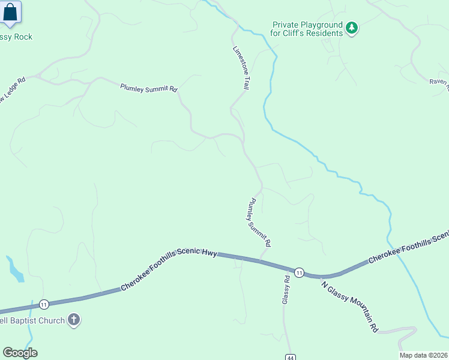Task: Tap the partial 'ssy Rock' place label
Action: click(x=16, y=37)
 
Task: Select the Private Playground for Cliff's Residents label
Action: click(x=307, y=29)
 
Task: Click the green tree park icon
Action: click(x=352, y=28)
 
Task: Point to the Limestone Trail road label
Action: click(x=241, y=68)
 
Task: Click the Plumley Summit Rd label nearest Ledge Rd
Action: click(x=149, y=88)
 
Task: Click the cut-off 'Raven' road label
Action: click(x=439, y=85)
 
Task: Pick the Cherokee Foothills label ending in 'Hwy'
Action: click(x=169, y=269)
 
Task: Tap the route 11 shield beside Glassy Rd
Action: click(x=299, y=272)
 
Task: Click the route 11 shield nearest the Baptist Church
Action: click(x=44, y=305)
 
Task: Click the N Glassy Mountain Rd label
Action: click(x=350, y=307)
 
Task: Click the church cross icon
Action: click(x=74, y=320)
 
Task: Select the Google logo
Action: click(x=20, y=353)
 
